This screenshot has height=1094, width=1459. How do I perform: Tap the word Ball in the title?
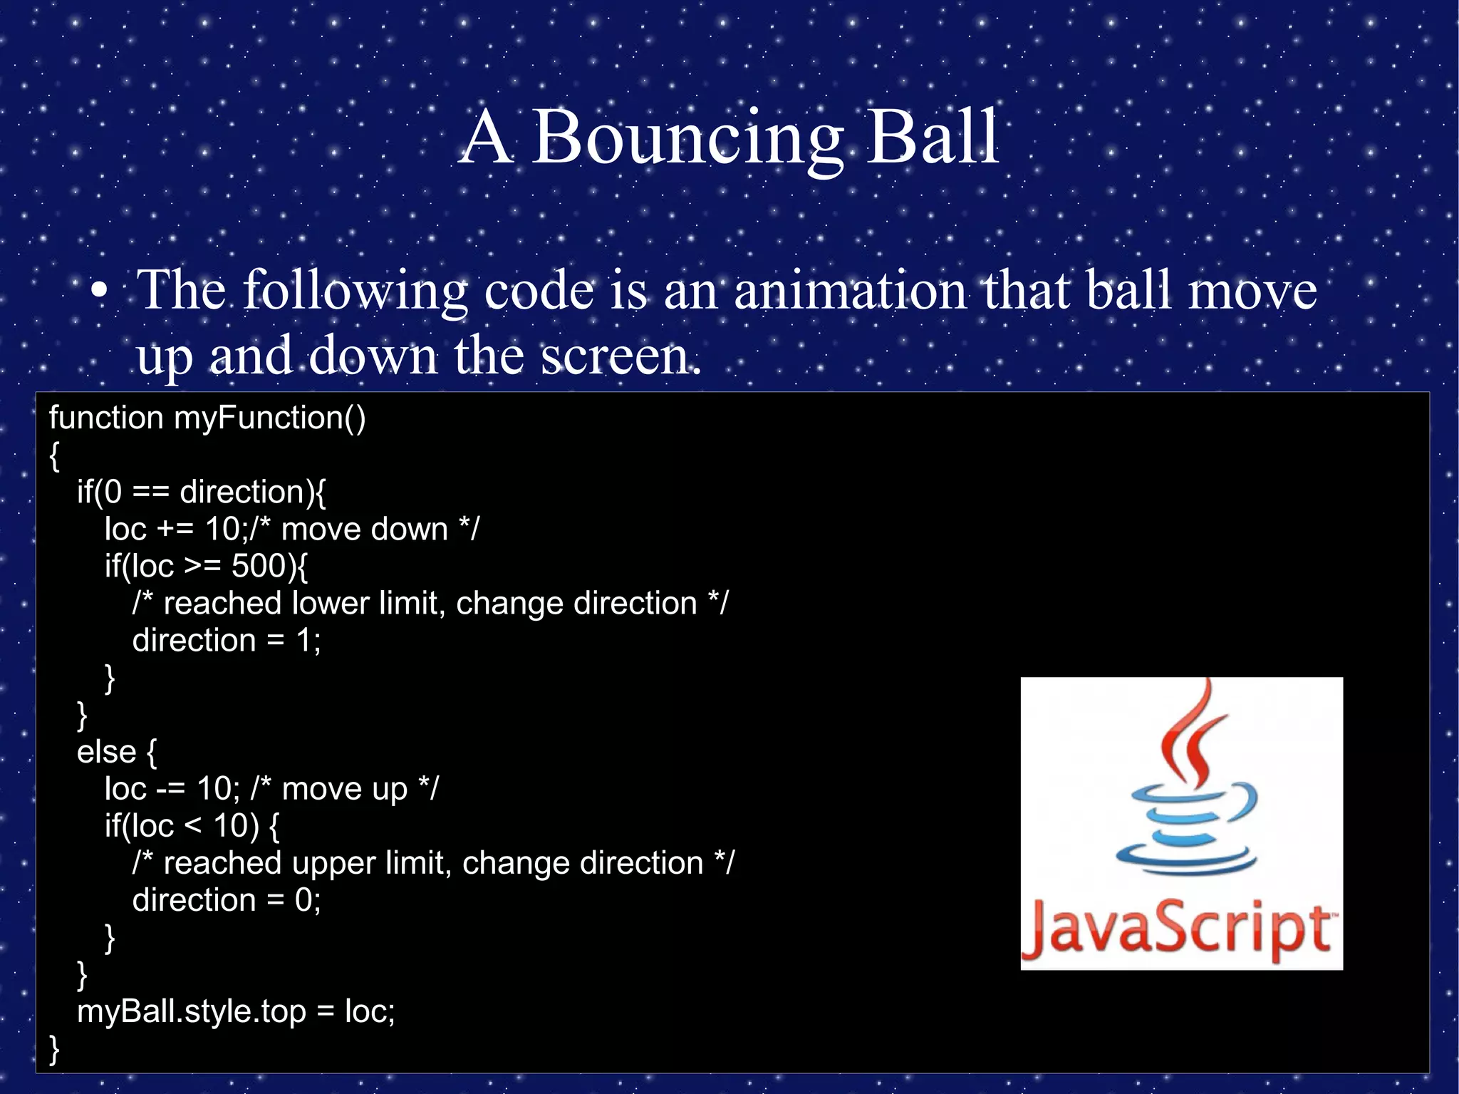coord(933,138)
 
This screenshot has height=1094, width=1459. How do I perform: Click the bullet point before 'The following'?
coord(100,291)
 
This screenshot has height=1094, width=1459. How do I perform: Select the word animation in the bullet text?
coord(850,291)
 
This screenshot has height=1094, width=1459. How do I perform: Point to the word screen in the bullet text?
coord(620,356)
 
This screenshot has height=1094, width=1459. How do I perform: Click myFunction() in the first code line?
coord(269,418)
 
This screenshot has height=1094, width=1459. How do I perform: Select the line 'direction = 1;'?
coord(227,640)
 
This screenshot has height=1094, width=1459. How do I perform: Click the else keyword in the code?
coord(106,752)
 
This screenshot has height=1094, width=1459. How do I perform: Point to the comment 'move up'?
coord(345,789)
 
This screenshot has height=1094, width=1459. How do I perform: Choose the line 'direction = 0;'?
coord(227,900)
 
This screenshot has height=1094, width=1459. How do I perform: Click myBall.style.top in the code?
coord(191,1011)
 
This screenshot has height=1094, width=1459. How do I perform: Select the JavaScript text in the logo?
coord(1179,929)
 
